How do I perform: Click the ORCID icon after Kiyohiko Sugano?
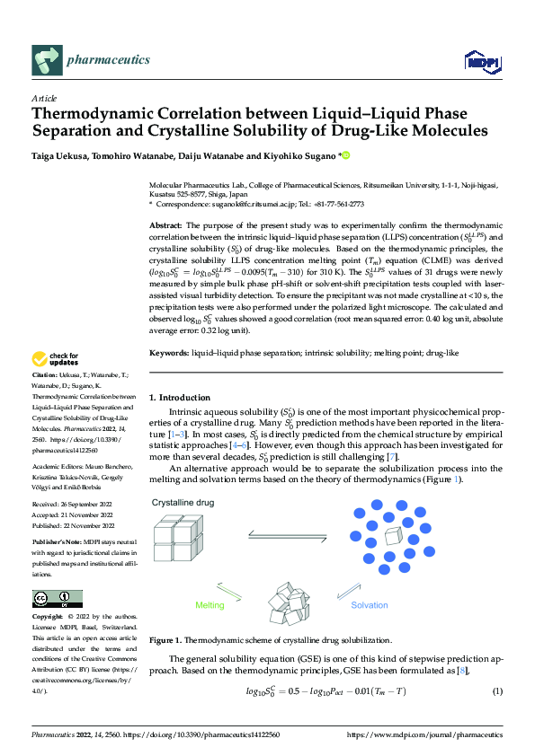click(x=344, y=156)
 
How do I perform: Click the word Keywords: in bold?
click(x=169, y=355)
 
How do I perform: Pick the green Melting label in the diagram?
click(x=210, y=606)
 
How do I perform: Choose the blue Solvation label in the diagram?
click(x=369, y=606)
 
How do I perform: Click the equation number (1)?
click(x=496, y=691)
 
